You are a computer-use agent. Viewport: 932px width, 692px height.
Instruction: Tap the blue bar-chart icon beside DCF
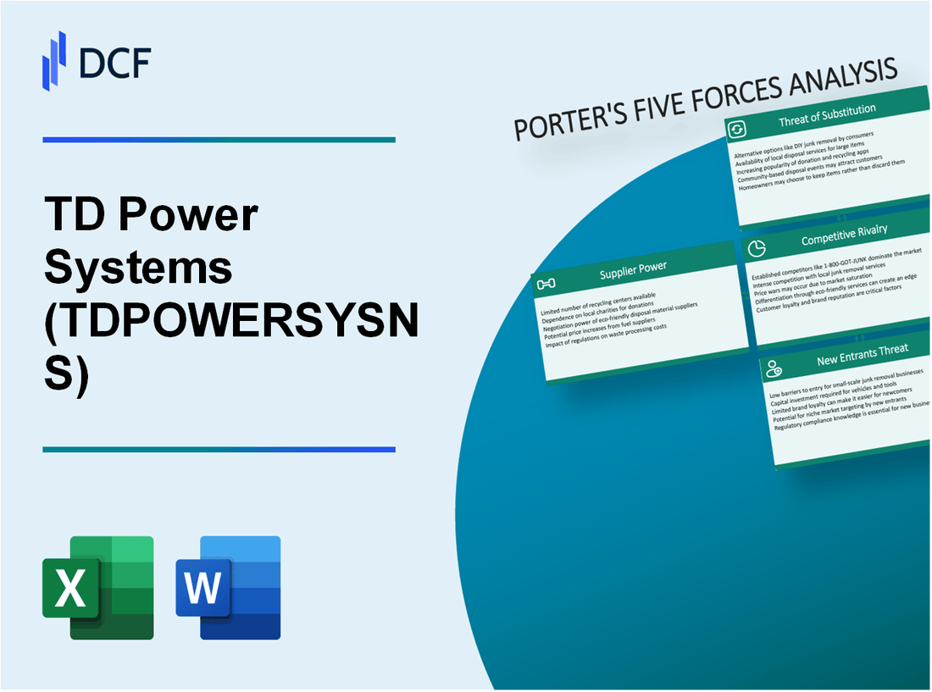[x=54, y=60]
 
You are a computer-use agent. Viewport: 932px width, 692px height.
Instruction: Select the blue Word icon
[x=228, y=587]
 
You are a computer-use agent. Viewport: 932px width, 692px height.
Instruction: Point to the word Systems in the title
[x=138, y=267]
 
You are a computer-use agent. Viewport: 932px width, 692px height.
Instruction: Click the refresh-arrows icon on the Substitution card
[x=737, y=129]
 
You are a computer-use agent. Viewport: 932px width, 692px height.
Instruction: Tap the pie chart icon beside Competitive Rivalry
[x=758, y=248]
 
